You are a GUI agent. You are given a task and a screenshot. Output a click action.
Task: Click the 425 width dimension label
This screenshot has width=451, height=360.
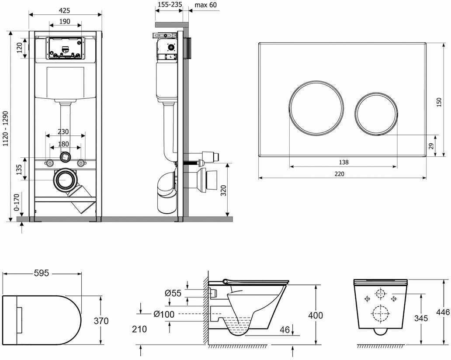coord(66,10)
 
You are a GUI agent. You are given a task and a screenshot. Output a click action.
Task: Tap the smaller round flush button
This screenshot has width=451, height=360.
coord(377,112)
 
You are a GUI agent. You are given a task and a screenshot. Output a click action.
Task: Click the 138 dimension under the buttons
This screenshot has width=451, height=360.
coord(343,162)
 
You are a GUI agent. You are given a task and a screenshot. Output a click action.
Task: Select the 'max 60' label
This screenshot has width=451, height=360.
coord(205,5)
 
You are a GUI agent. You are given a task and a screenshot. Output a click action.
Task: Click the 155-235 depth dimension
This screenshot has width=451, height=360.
coord(170,5)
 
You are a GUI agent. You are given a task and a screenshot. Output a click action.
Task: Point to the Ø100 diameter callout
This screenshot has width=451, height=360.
coord(164,314)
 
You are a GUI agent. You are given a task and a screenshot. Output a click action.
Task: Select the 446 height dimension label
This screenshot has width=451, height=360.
coord(443,312)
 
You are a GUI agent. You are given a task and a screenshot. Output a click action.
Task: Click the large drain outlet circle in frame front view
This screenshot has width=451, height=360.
coord(65,179)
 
